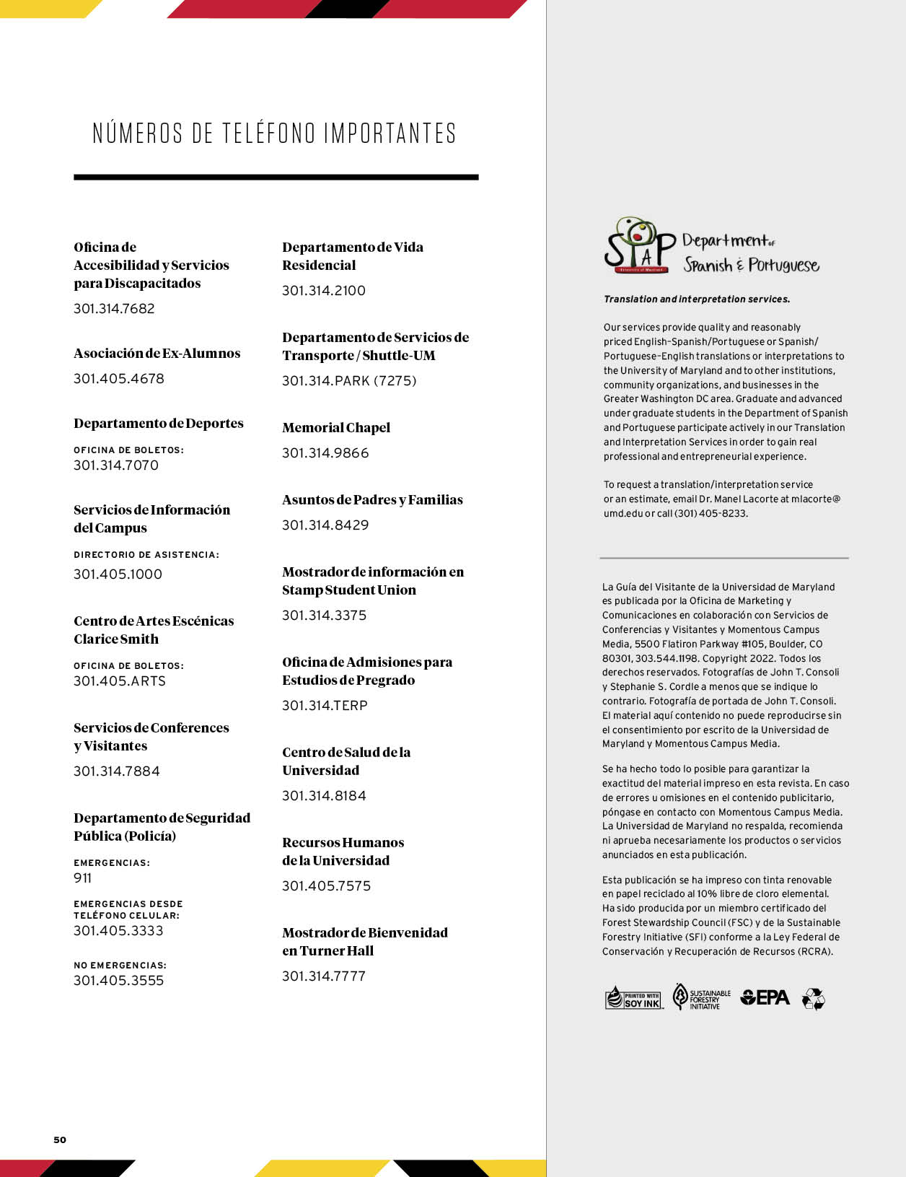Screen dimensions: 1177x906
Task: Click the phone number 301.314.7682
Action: pyautogui.click(x=114, y=308)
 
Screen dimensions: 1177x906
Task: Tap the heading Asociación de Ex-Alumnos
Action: pyautogui.click(x=157, y=353)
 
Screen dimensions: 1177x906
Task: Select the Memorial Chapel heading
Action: pyautogui.click(x=336, y=427)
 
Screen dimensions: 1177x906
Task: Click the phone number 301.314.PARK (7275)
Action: pyautogui.click(x=349, y=380)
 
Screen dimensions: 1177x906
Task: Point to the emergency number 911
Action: pyautogui.click(x=82, y=878)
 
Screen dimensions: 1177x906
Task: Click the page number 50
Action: pyautogui.click(x=60, y=1139)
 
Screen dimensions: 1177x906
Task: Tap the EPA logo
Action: pyautogui.click(x=765, y=997)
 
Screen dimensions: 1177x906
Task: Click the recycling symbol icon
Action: pyautogui.click(x=813, y=998)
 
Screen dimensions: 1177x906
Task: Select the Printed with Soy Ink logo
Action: pyautogui.click(x=633, y=998)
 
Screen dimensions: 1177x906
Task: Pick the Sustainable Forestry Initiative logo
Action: pyautogui.click(x=701, y=997)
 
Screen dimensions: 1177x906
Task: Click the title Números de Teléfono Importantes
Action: pyautogui.click(x=274, y=134)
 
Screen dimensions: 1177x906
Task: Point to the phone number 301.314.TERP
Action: pyautogui.click(x=325, y=705)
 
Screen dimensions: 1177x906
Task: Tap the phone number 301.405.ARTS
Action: pyautogui.click(x=120, y=681)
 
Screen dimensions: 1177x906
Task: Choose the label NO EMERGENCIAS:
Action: pyautogui.click(x=120, y=965)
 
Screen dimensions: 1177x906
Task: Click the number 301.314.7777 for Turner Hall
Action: pyautogui.click(x=324, y=976)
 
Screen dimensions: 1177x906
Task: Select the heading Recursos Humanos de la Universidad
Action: pyautogui.click(x=343, y=852)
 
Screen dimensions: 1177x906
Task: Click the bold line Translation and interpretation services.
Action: pyautogui.click(x=697, y=299)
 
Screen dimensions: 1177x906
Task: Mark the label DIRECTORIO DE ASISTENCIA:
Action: pyautogui.click(x=146, y=554)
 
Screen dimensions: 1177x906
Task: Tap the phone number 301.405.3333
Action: pyautogui.click(x=118, y=930)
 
